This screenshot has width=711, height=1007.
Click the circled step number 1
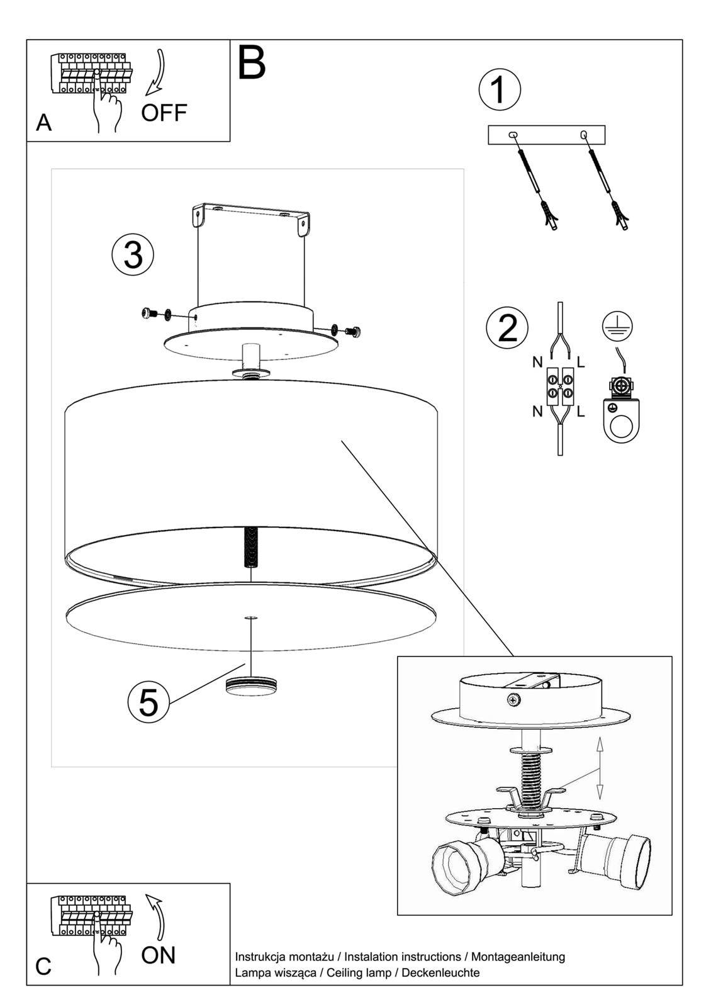click(500, 90)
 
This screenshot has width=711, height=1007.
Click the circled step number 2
click(507, 327)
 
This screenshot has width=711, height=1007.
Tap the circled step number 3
click(133, 256)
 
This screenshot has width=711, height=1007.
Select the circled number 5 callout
click(148, 702)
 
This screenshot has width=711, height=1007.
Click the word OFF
click(164, 113)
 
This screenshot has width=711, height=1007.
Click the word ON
click(159, 955)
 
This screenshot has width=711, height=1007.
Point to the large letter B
click(252, 62)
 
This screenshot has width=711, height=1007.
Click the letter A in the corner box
click(43, 123)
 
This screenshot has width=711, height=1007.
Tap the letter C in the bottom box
click(43, 966)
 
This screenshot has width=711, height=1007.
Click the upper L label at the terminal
click(581, 362)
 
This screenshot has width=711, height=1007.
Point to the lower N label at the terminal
click(537, 412)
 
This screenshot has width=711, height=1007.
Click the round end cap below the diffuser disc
click(252, 685)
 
